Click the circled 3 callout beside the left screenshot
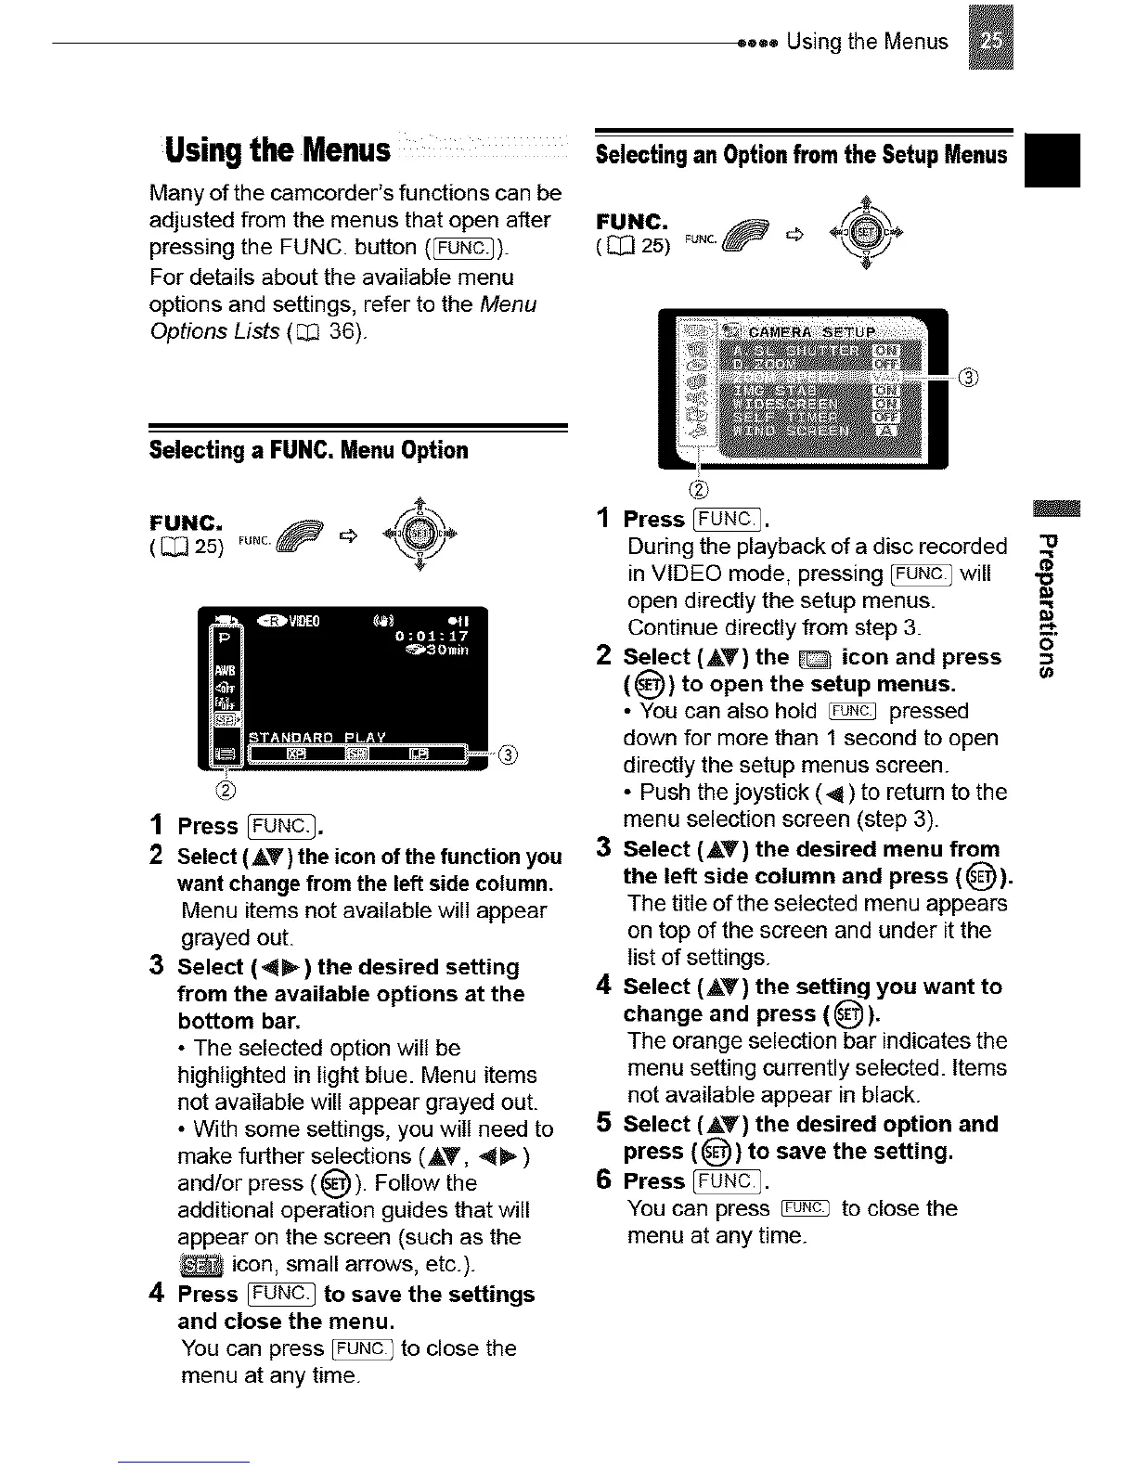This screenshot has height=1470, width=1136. pyautogui.click(x=507, y=754)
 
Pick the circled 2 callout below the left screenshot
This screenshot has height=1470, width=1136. pyautogui.click(x=225, y=791)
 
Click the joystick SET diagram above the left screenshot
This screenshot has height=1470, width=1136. pyautogui.click(x=421, y=534)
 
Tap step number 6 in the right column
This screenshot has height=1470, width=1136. pyautogui.click(x=603, y=1180)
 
